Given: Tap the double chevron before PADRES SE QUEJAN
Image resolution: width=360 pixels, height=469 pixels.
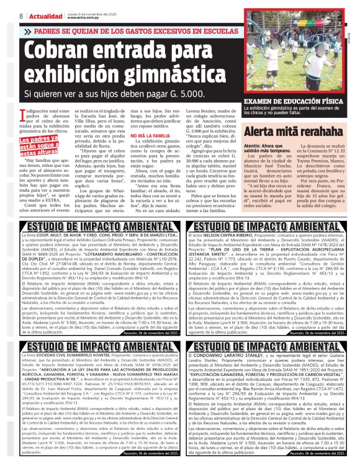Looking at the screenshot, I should click(27, 30).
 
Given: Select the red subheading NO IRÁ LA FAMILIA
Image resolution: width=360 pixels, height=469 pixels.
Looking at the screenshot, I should click(146, 153).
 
